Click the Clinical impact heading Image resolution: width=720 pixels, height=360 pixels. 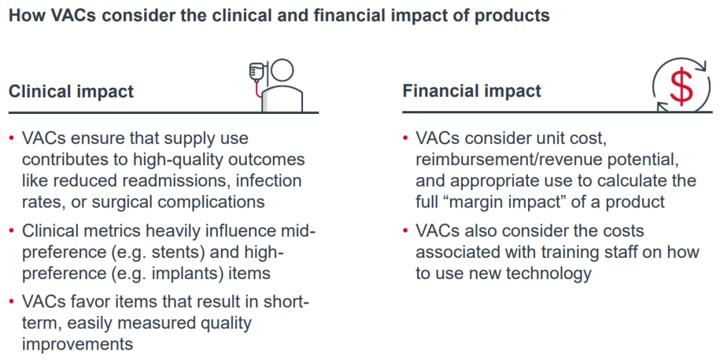click(x=71, y=91)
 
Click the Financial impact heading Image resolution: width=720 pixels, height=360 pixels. click(x=472, y=91)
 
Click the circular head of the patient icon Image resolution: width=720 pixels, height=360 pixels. click(x=282, y=72)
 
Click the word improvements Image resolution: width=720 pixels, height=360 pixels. click(x=77, y=344)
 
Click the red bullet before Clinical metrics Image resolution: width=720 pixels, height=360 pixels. click(x=12, y=231)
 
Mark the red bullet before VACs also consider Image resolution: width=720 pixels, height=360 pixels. click(x=406, y=231)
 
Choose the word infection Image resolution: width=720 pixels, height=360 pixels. click(x=268, y=180)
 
